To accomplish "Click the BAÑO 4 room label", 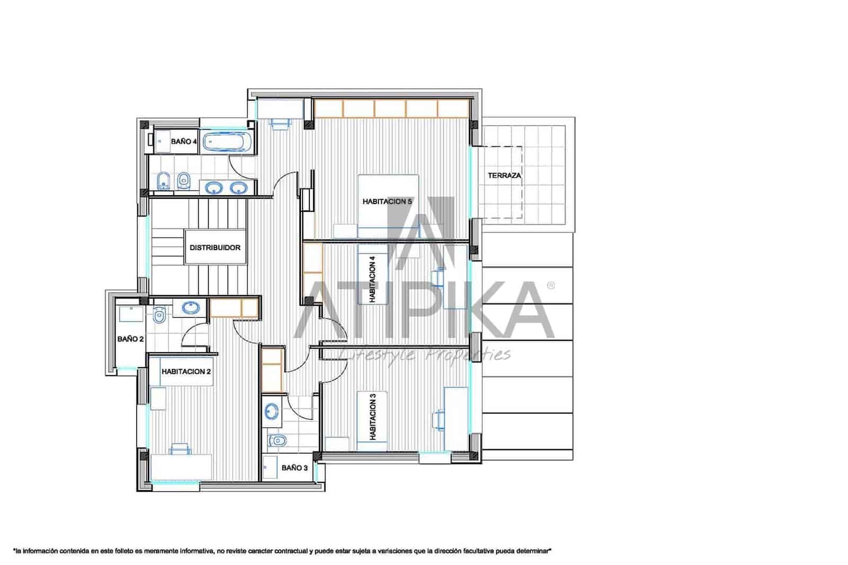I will pos(184,142).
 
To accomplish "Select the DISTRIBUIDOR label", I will pos(215,248).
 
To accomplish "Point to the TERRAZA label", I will pos(504,175).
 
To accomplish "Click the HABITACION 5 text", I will pos(387,201).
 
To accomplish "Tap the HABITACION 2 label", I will pos(186,372).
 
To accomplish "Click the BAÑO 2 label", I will pos(130,339).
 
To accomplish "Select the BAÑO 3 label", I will pos(294,468).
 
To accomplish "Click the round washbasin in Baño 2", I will pos(190,307).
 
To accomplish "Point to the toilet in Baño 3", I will pos(277,440).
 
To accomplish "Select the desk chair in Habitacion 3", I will pos(439,418).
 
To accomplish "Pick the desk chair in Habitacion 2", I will pos(180,449).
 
